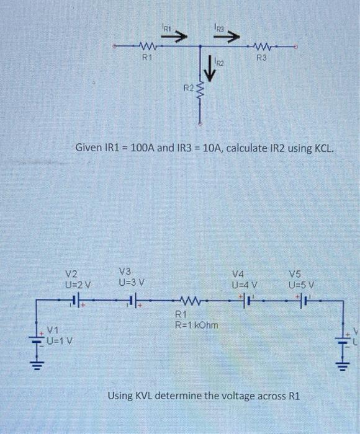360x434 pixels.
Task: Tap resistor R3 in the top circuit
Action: [263, 46]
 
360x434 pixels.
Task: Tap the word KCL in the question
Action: [323, 149]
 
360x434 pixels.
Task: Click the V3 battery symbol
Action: [131, 304]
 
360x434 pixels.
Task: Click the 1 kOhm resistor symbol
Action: [190, 304]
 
